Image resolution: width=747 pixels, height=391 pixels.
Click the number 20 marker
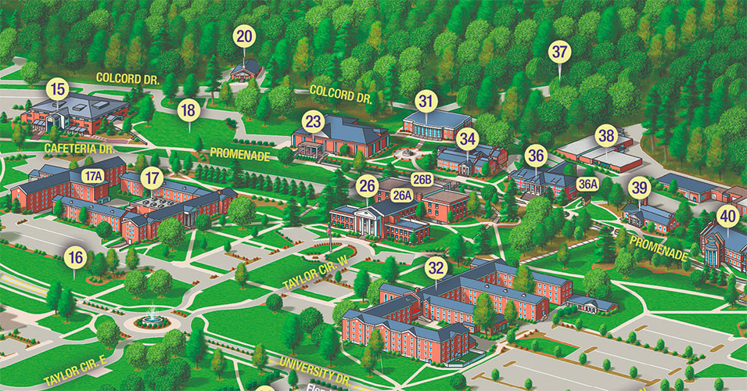[244, 36]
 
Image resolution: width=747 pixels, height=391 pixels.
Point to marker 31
[426, 101]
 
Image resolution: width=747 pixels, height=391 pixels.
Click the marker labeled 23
[314, 122]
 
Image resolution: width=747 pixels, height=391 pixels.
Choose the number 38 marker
[606, 135]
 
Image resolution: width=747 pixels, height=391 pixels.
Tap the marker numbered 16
[75, 256]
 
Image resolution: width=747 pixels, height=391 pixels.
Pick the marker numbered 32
[436, 268]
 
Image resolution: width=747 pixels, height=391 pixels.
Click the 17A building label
[93, 176]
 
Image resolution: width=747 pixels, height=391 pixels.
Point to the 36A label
[587, 184]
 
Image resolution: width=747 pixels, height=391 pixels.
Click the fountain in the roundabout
[151, 319]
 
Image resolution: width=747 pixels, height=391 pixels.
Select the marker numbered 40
[728, 216]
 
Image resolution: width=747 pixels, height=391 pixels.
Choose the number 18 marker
[187, 110]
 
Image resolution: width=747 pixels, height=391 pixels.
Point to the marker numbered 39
[640, 188]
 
